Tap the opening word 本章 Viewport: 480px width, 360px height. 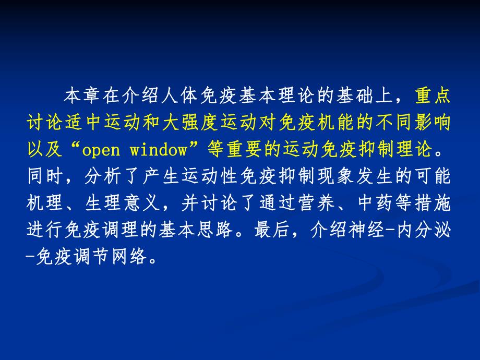[77, 95]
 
